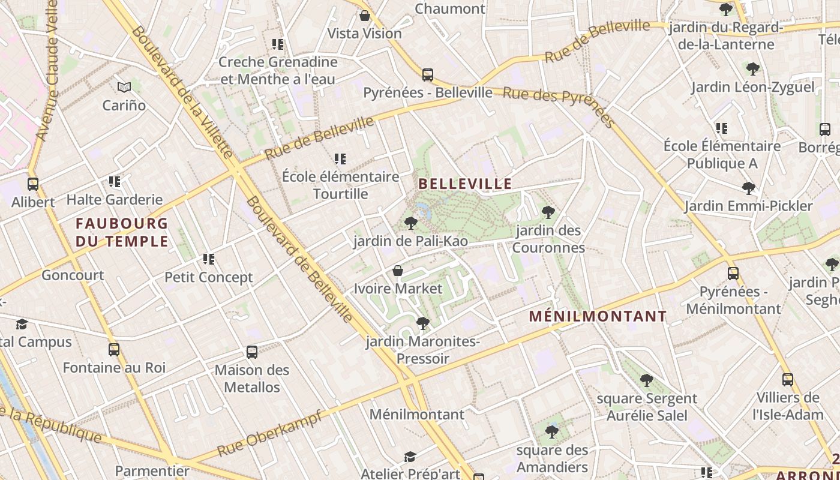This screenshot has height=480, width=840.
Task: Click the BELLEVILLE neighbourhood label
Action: [465, 184]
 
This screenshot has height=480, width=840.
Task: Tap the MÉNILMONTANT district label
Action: [598, 316]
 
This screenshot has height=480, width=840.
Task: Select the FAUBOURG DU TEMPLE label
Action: [122, 232]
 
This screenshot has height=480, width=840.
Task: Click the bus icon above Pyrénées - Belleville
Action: [428, 75]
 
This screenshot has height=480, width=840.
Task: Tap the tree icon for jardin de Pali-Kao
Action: [411, 223]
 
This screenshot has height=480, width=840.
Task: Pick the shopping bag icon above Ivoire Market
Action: [397, 271]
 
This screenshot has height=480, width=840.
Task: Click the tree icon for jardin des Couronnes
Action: [548, 212]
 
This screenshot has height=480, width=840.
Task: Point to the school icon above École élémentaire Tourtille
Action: [340, 159]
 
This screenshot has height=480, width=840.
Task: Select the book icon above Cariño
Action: [124, 88]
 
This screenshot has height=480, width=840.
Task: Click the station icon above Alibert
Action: [33, 184]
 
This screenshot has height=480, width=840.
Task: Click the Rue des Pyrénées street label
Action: [559, 108]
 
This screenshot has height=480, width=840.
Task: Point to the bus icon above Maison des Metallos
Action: [252, 352]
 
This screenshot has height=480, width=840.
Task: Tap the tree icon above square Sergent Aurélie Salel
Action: [646, 380]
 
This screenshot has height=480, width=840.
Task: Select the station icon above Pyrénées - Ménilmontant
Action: [733, 274]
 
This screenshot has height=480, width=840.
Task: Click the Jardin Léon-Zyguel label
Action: [752, 88]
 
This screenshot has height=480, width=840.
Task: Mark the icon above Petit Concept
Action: [209, 259]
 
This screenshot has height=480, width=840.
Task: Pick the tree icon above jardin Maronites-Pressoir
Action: [423, 323]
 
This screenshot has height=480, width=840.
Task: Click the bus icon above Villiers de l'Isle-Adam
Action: [788, 380]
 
